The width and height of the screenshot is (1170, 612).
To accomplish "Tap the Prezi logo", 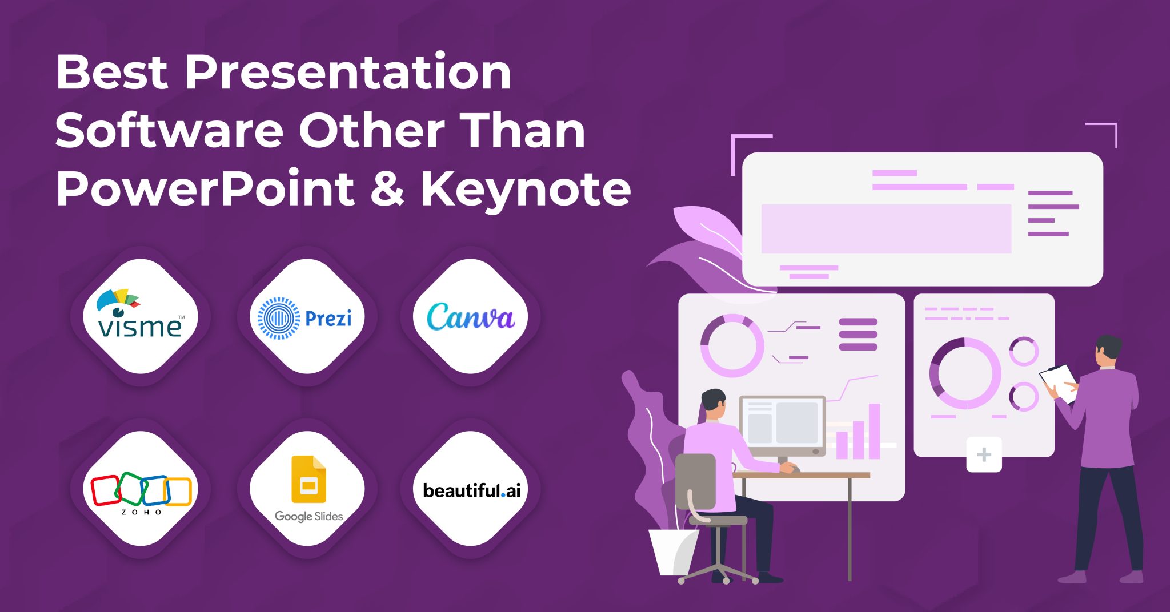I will (x=306, y=318).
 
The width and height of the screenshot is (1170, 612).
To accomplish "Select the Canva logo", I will (x=471, y=317).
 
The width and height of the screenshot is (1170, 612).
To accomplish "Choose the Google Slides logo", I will (x=308, y=489).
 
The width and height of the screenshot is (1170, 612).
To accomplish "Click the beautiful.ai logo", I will (x=471, y=490).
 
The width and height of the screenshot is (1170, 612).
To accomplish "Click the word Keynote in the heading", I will (x=526, y=189).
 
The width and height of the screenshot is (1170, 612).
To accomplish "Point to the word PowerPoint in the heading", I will (x=205, y=189).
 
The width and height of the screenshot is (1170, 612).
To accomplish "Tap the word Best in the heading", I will (x=112, y=73).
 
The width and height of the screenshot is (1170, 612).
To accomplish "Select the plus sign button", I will (x=984, y=455).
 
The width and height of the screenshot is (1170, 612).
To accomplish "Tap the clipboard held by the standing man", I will (x=1059, y=382).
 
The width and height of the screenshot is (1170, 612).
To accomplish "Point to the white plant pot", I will (x=673, y=551).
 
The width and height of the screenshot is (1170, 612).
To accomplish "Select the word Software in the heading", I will (x=169, y=131).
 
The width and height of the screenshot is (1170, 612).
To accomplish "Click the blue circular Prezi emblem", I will (x=278, y=318).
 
